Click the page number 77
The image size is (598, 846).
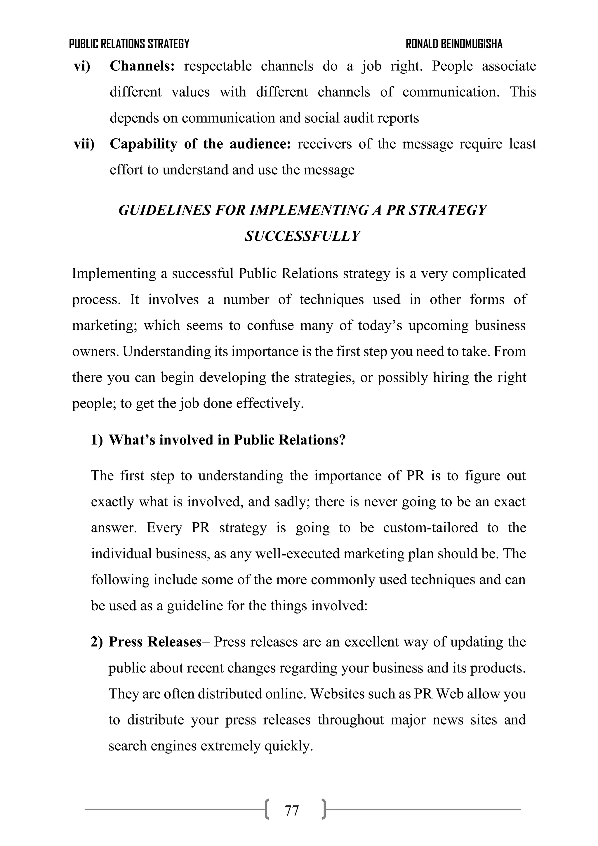pos(291,811)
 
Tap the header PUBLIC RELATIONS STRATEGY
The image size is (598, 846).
pos(129,44)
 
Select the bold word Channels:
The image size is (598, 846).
pos(142,66)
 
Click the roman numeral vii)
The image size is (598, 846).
pos(84,144)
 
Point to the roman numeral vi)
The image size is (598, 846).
pos(82,66)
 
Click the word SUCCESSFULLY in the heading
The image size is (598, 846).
pos(302,236)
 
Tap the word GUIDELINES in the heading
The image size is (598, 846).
pos(165,210)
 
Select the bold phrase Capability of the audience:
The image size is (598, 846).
pos(200,144)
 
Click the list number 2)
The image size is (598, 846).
pos(97,642)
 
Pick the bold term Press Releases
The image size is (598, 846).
pos(155,642)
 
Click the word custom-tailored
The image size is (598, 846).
pos(430,528)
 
